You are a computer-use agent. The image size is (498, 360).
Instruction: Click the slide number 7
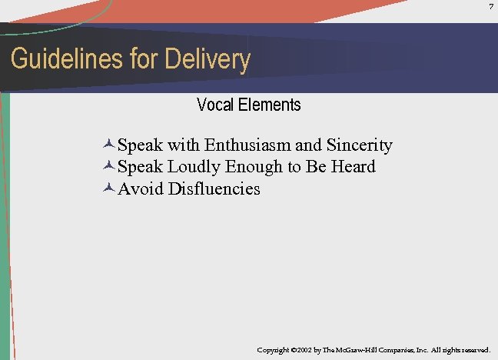tap(490, 7)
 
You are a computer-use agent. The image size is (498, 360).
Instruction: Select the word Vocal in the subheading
tap(214, 105)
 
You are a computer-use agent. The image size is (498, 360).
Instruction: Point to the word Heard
tap(352, 166)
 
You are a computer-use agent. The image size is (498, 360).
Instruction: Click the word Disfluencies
tap(215, 188)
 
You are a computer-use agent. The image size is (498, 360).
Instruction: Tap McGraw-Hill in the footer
tap(364, 350)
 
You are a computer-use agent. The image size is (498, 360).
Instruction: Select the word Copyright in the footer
tap(273, 350)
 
